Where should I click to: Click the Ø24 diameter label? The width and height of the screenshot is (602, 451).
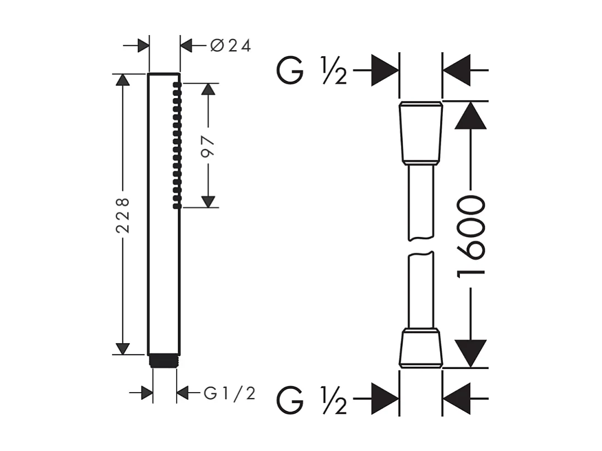230,46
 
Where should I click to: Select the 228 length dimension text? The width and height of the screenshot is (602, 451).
122,215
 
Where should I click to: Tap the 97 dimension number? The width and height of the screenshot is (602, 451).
208,146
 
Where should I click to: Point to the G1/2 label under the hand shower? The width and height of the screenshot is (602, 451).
230,393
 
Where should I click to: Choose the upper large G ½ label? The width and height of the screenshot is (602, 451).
312,70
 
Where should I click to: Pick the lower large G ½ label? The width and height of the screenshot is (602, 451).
312,399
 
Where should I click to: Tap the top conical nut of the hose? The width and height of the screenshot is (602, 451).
421,133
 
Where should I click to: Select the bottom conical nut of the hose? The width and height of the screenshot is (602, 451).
421,348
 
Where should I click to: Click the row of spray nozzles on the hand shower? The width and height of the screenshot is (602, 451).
177,145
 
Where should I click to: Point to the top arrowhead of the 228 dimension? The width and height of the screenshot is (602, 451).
122,79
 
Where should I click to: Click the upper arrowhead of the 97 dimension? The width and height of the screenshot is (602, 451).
208,89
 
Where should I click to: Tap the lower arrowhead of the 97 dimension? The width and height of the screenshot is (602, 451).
208,202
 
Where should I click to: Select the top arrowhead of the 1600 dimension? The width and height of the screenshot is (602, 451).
471,116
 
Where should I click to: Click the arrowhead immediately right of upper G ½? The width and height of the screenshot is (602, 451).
385,70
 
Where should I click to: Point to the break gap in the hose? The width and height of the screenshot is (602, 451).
421,246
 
